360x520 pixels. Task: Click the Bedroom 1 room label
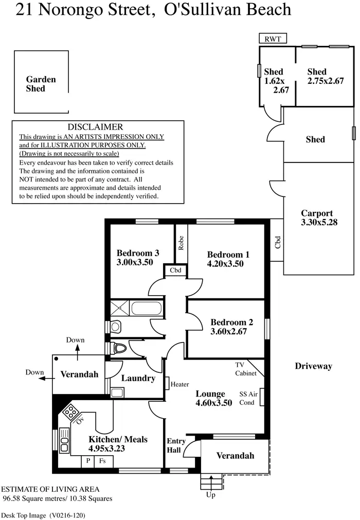pyautogui.click(x=228, y=255)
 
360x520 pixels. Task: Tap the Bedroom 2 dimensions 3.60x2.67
pyautogui.click(x=229, y=332)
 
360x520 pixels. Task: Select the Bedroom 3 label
pyautogui.click(x=138, y=253)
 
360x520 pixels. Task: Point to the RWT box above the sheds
pyautogui.click(x=273, y=39)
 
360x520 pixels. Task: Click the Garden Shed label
pyautogui.click(x=41, y=84)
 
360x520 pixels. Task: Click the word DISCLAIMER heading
pyautogui.click(x=96, y=127)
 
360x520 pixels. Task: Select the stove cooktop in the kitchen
pyautogui.click(x=70, y=411)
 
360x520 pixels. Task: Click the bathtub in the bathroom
pyautogui.click(x=147, y=309)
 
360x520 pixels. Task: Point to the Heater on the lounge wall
pyautogui.click(x=179, y=384)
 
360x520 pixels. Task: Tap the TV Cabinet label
pyautogui.click(x=245, y=369)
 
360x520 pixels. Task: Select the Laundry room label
pyautogui.click(x=138, y=378)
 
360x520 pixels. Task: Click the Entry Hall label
pyautogui.click(x=176, y=445)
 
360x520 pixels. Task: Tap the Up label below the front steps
pyautogui.click(x=211, y=495)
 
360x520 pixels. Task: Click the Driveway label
pyautogui.click(x=313, y=366)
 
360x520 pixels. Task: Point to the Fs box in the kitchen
pyautogui.click(x=102, y=461)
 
